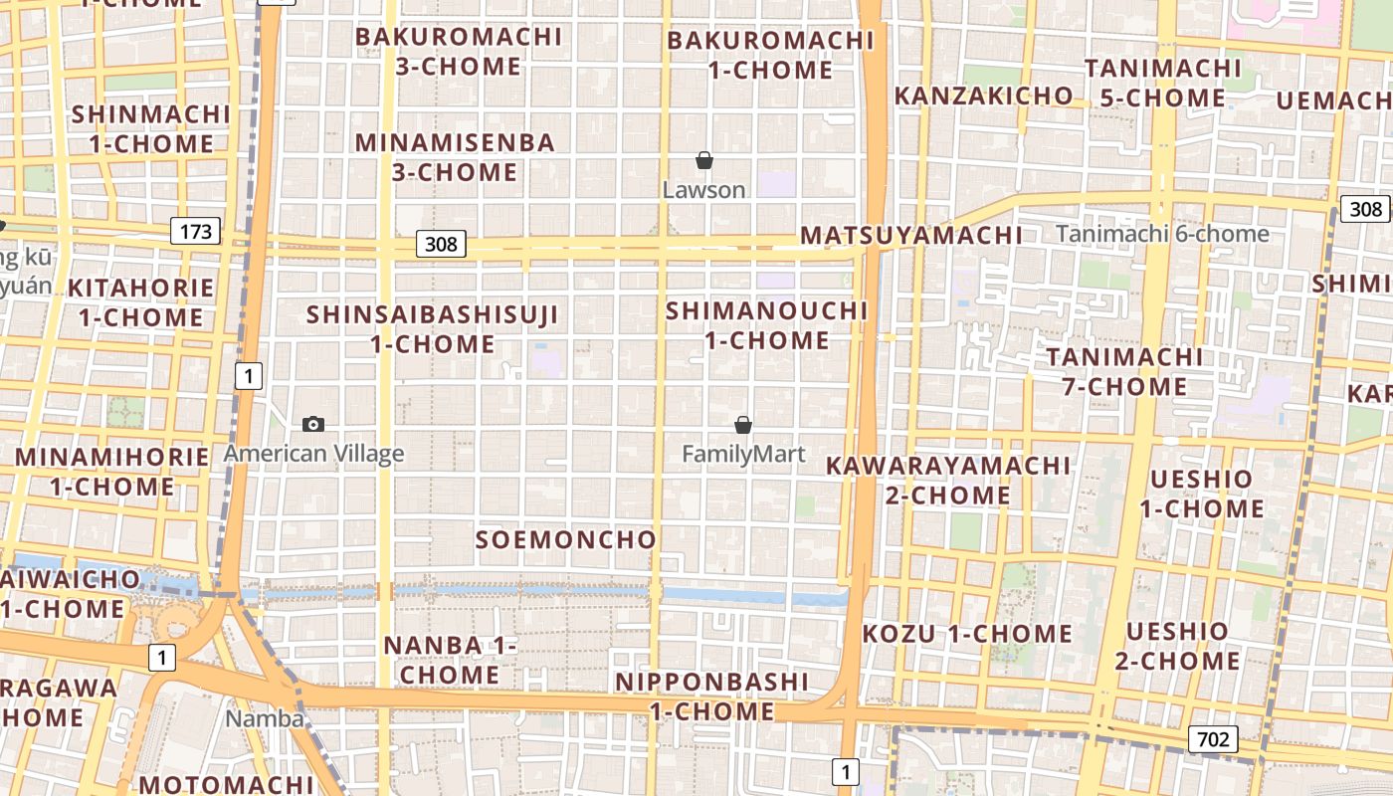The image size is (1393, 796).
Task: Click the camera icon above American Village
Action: pyautogui.click(x=313, y=425)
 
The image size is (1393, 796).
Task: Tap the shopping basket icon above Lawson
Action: pyautogui.click(x=704, y=160)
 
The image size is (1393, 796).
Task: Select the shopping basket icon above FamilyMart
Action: pyautogui.click(x=742, y=426)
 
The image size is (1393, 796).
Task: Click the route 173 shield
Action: pyautogui.click(x=195, y=232)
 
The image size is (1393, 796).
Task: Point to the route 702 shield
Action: pyautogui.click(x=1213, y=739)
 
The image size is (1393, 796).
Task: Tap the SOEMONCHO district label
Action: pyautogui.click(x=565, y=540)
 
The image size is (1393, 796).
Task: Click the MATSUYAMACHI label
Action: pyautogui.click(x=910, y=236)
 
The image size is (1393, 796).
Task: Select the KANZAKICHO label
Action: pyautogui.click(x=983, y=97)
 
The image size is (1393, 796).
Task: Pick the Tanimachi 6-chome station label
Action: pyautogui.click(x=1162, y=234)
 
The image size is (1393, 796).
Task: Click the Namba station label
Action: pyautogui.click(x=265, y=718)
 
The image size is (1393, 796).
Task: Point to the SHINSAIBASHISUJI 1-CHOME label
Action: pyautogui.click(x=433, y=329)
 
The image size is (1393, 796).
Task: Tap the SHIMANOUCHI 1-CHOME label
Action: pyautogui.click(x=767, y=325)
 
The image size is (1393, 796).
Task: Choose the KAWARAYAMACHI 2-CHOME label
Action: pyautogui.click(x=948, y=480)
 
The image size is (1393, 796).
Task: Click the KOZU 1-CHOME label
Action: pyautogui.click(x=967, y=634)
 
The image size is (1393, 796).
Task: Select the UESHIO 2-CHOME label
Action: pyautogui.click(x=1177, y=646)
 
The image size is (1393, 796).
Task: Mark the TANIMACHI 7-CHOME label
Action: pyautogui.click(x=1124, y=371)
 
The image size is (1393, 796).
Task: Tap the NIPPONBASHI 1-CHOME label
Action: pyautogui.click(x=712, y=696)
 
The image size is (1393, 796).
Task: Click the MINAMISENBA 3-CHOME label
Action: pyautogui.click(x=455, y=157)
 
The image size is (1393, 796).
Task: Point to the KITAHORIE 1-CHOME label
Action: pyautogui.click(x=140, y=302)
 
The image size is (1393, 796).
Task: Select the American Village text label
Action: pyautogui.click(x=313, y=455)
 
